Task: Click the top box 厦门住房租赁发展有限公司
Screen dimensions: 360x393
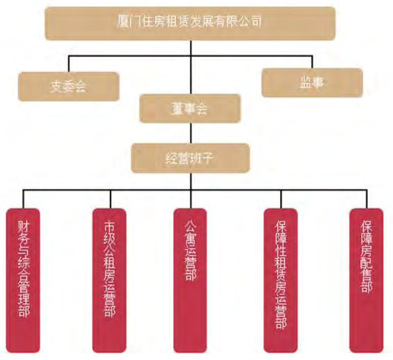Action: (x=190, y=23)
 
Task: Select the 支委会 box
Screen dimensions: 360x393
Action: (x=68, y=87)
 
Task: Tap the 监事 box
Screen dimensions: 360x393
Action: (x=312, y=82)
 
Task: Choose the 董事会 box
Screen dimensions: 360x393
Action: (x=190, y=109)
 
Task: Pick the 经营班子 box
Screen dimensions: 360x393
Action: (x=190, y=158)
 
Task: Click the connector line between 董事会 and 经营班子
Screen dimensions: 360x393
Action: (x=190, y=133)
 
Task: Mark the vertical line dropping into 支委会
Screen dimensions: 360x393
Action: (x=69, y=64)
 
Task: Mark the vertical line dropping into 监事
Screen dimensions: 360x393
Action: (x=312, y=62)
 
